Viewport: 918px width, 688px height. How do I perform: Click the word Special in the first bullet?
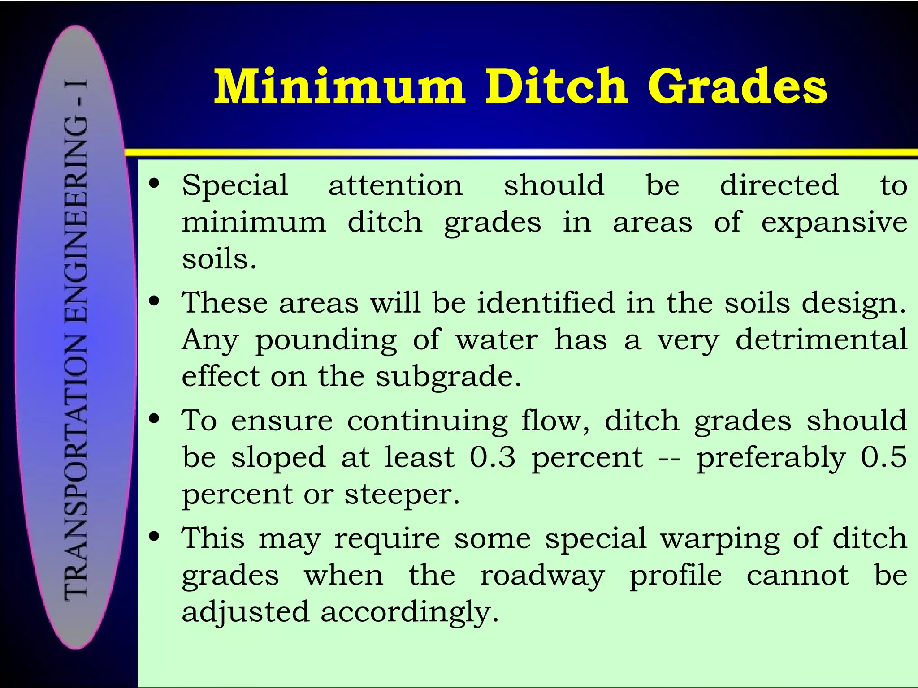pos(235,186)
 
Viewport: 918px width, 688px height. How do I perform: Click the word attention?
pos(395,186)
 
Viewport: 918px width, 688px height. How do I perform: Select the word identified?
pos(546,303)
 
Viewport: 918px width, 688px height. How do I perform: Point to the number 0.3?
pos(493,458)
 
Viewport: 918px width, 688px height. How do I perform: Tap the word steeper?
pos(402,495)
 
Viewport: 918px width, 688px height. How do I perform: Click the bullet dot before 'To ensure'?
pos(155,419)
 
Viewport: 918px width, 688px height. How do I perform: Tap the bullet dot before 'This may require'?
pos(155,537)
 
